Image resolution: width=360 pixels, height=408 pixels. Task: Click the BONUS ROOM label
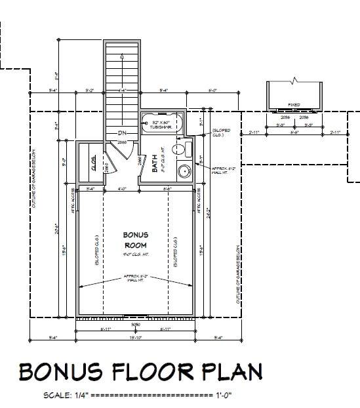coord(136,239)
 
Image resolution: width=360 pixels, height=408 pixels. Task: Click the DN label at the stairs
coord(122,134)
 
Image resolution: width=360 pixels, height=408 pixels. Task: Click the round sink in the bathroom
coord(185,172)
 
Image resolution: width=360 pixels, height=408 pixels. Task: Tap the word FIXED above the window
coord(294,105)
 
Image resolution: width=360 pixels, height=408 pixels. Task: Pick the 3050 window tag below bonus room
coord(136,324)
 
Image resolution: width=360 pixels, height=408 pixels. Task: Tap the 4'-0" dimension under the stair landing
coord(122,190)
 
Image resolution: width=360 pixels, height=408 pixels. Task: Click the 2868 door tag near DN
coord(122,142)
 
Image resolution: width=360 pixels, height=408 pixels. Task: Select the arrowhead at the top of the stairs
coord(123,57)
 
